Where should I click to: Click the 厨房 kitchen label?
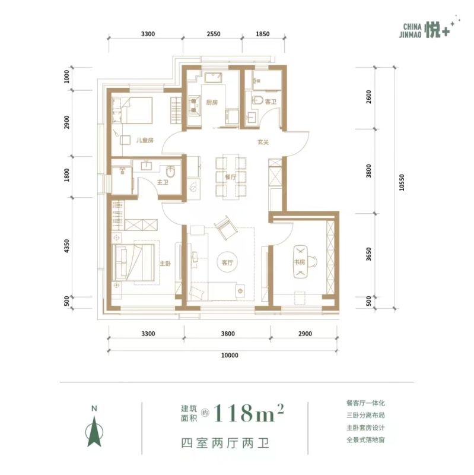pyautogui.click(x=212, y=102)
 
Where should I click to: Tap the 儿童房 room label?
pyautogui.click(x=145, y=140)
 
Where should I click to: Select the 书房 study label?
pyautogui.click(x=300, y=262)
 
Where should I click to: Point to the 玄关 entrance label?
pyautogui.click(x=263, y=142)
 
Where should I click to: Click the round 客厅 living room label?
pyautogui.click(x=227, y=262)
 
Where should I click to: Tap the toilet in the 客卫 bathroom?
pyautogui.click(x=257, y=100)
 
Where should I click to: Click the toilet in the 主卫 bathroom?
pyautogui.click(x=171, y=172)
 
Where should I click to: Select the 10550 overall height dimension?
pyautogui.click(x=402, y=182)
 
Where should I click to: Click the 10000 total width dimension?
pyautogui.click(x=230, y=355)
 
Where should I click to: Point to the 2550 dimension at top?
pyautogui.click(x=214, y=34)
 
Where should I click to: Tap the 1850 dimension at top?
pyautogui.click(x=262, y=34)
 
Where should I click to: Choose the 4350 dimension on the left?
pyautogui.click(x=66, y=246)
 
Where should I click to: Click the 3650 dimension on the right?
pyautogui.click(x=368, y=254)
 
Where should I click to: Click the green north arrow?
pyautogui.click(x=94, y=431)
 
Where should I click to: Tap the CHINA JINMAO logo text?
pyautogui.click(x=411, y=31)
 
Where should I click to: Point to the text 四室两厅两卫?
pyautogui.click(x=225, y=443)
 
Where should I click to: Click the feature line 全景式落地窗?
pyautogui.click(x=365, y=439)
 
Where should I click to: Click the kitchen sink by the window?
pyautogui.click(x=214, y=78)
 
